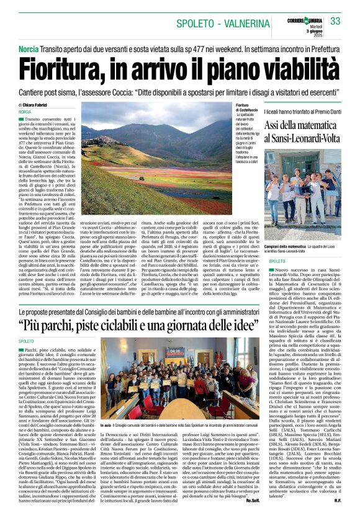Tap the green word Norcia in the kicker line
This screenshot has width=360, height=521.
29,48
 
